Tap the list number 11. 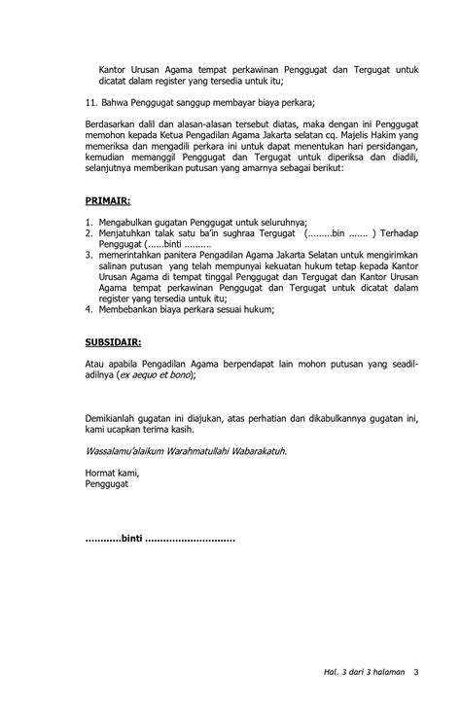[90, 100]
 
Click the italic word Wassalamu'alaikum [121, 449]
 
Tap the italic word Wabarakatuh [257, 449]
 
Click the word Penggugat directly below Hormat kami [108, 483]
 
